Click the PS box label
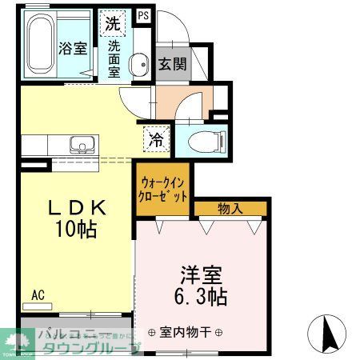click(x=143, y=15)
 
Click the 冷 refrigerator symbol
click(x=154, y=140)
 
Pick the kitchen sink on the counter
click(x=81, y=146)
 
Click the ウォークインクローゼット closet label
click(x=163, y=190)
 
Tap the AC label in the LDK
click(x=37, y=295)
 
